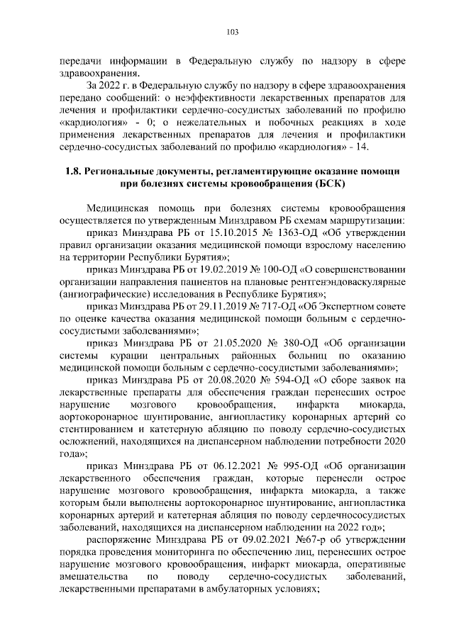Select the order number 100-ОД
[264, 269]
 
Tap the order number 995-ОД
[284, 467]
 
